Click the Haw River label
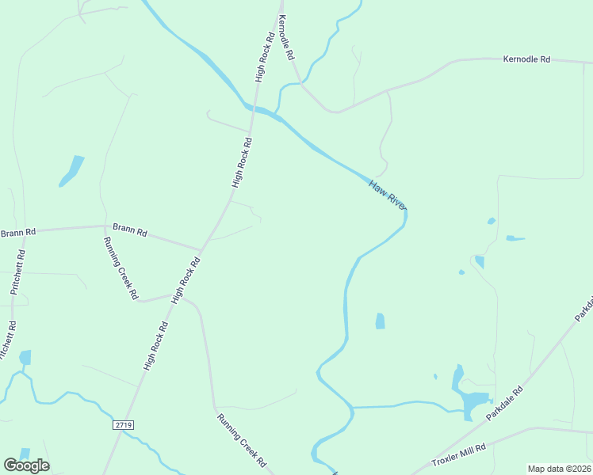click(388, 195)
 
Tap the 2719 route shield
click(123, 425)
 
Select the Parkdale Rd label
click(505, 404)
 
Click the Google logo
click(26, 465)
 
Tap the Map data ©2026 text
click(558, 468)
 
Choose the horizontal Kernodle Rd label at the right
click(526, 59)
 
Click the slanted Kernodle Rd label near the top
click(286, 47)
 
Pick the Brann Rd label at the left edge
click(18, 233)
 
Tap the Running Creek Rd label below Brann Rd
click(121, 268)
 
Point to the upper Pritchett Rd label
click(17, 272)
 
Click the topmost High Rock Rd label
click(266, 57)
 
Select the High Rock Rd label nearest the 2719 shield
click(156, 346)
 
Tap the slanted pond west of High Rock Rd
click(71, 171)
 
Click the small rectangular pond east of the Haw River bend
click(380, 321)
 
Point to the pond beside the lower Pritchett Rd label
click(25, 357)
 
